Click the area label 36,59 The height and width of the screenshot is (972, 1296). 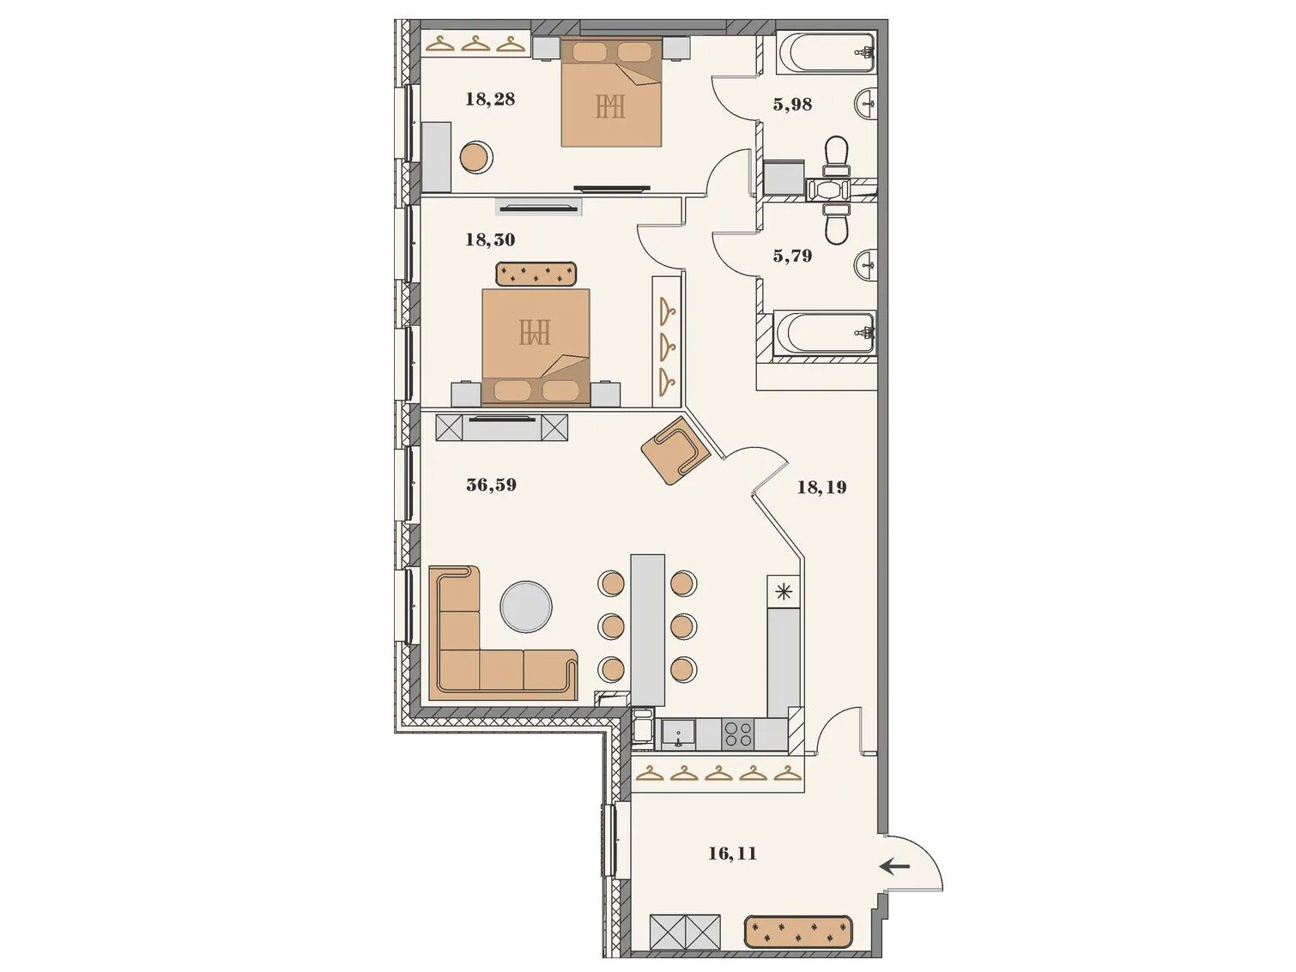[x=491, y=485]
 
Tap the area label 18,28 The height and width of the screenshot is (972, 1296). [x=490, y=100]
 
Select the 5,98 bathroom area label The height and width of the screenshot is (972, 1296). [x=792, y=105]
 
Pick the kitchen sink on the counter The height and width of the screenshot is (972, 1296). [x=678, y=734]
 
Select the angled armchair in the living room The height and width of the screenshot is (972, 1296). [x=675, y=450]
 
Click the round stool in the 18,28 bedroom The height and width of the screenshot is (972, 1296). [x=475, y=157]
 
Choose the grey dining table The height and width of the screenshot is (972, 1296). [x=648, y=631]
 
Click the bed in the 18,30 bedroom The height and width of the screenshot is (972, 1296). [x=536, y=347]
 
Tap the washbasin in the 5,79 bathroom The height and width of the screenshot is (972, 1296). [x=866, y=264]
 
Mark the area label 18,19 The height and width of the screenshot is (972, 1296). [x=822, y=487]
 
